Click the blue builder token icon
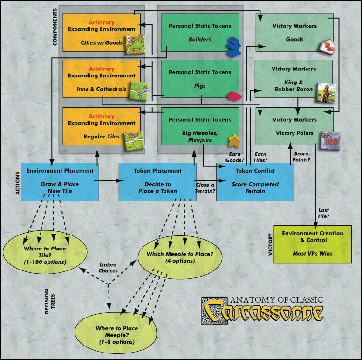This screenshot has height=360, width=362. (x=232, y=47)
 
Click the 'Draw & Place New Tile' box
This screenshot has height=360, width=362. (x=54, y=181)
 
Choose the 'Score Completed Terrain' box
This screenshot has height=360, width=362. (x=255, y=181)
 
